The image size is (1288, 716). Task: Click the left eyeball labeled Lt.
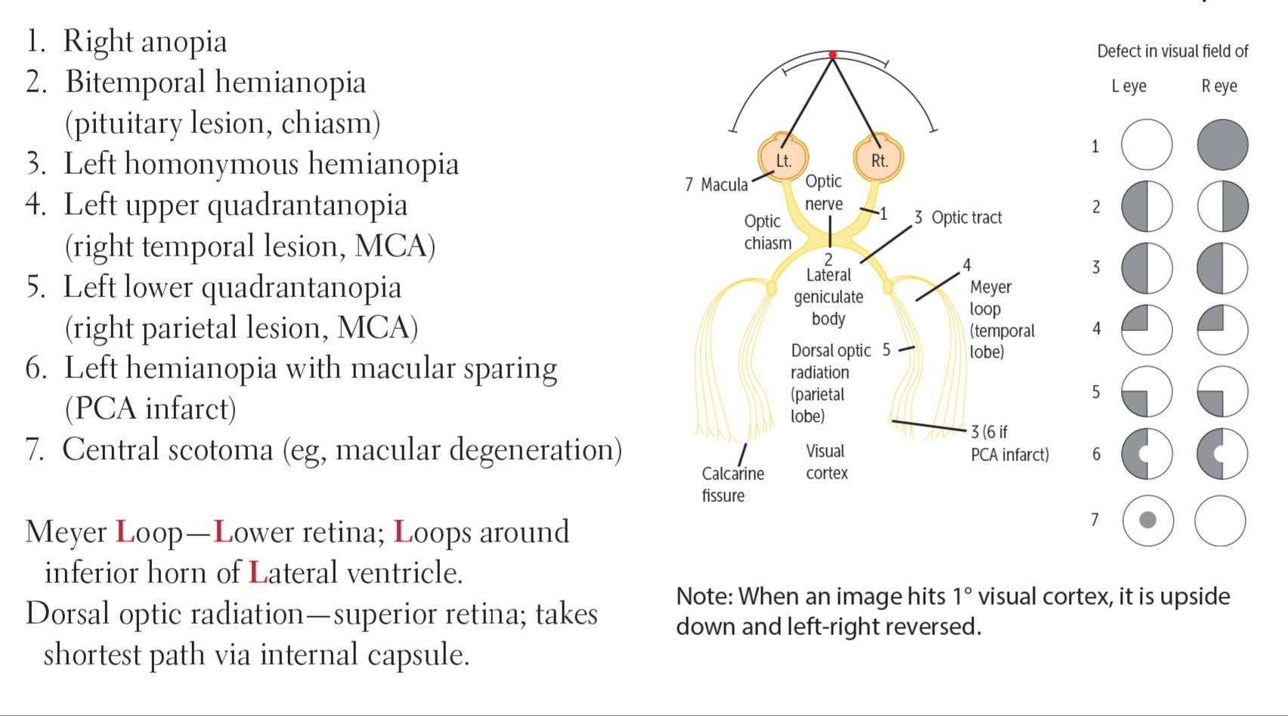click(783, 157)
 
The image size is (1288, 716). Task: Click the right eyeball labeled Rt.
click(878, 157)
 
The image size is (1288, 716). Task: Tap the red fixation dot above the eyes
click(832, 54)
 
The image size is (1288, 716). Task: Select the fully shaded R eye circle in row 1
click(1222, 145)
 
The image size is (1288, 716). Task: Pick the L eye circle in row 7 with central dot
click(1147, 520)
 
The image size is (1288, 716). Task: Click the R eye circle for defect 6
click(1222, 454)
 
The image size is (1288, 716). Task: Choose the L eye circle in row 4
click(1147, 330)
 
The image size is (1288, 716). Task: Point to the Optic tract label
click(967, 218)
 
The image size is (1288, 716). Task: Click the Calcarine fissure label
click(732, 484)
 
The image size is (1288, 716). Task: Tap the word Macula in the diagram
click(724, 184)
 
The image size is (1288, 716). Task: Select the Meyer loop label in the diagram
click(990, 297)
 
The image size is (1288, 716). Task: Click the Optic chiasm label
click(768, 232)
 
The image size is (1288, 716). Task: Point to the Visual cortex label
click(826, 462)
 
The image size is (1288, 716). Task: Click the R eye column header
click(1219, 85)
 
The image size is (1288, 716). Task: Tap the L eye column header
click(1129, 85)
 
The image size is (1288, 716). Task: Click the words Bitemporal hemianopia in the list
click(215, 82)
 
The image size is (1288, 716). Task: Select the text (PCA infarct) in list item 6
click(150, 408)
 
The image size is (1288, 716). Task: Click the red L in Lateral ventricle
click(258, 573)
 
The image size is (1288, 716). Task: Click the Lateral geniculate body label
click(828, 296)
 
